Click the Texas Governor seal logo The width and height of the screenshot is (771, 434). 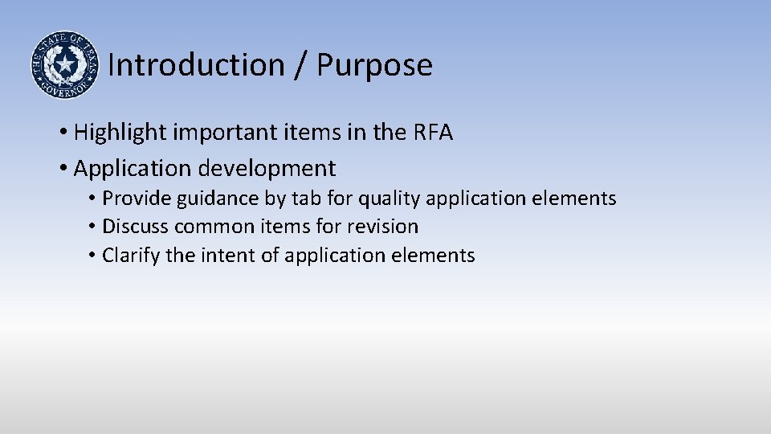click(64, 64)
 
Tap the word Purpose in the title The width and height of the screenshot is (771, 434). click(374, 65)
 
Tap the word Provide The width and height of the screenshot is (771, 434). click(133, 199)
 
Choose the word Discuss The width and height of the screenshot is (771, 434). click(135, 227)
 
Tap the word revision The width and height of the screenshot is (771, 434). click(382, 227)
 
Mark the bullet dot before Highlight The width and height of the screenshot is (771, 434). click(63, 133)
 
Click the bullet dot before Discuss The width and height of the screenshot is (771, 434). click(93, 227)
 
